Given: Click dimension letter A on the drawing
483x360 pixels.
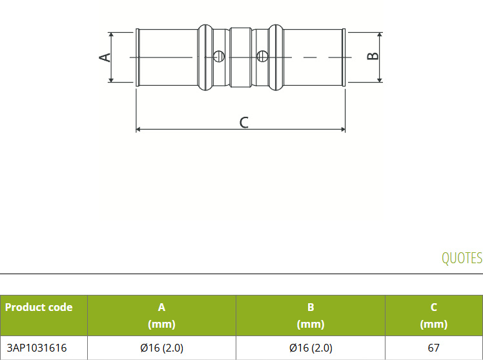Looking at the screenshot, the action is (105, 57).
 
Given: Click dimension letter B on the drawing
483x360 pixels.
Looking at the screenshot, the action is (373, 56).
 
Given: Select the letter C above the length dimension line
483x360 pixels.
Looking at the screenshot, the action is (243, 122).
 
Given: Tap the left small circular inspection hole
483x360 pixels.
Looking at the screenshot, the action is (219, 56).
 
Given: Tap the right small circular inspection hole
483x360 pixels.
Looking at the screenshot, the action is (262, 56).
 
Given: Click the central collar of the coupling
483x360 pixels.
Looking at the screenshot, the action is (241, 57).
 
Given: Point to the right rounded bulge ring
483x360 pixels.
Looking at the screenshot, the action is (276, 57).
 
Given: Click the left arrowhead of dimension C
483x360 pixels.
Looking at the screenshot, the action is (138, 129).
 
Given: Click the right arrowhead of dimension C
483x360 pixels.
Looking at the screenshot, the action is (343, 129).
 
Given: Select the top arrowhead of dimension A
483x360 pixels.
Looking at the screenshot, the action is (111, 35).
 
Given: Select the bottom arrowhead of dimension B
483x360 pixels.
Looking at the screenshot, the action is (380, 80).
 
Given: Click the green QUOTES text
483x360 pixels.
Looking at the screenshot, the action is (462, 258).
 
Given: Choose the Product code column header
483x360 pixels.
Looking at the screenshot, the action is (39, 307).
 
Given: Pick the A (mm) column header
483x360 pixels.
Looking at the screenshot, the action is (161, 315).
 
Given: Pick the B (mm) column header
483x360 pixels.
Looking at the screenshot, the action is (311, 315).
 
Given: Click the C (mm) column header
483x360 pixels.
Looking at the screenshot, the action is (434, 315).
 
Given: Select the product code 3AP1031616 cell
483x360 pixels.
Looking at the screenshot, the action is (37, 348).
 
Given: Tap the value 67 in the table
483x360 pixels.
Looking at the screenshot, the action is (433, 348).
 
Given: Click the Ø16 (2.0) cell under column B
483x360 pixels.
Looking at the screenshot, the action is (311, 348).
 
